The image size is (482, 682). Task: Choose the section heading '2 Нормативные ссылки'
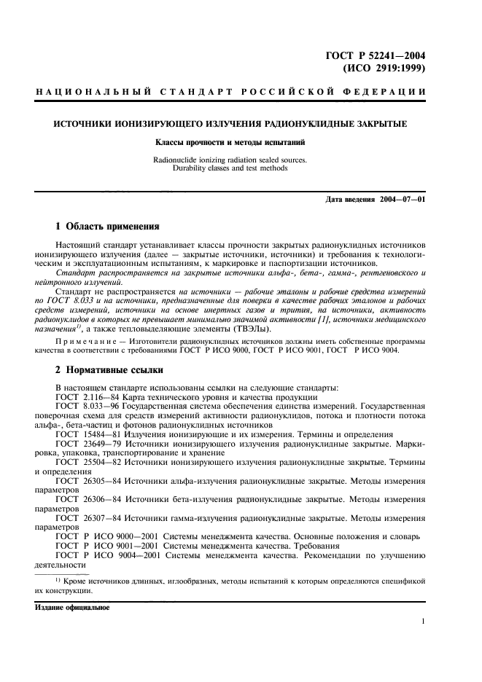point(102,370)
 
